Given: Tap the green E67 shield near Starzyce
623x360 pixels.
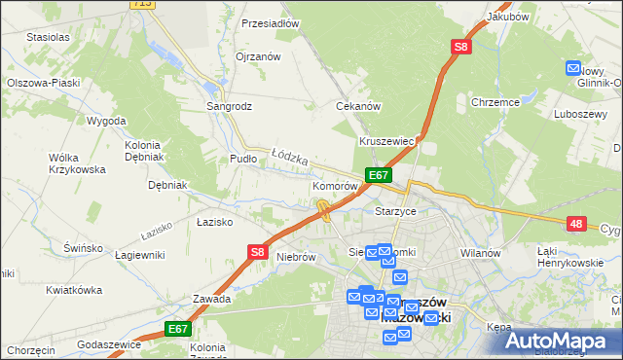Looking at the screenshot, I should [379, 175].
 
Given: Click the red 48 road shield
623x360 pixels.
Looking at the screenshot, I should [577, 225].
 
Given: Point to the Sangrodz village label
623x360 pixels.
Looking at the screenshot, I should [230, 105].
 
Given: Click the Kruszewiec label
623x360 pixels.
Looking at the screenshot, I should [387, 141].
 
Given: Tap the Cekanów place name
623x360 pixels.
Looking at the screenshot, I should [357, 105].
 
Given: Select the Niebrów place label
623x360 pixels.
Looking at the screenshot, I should [297, 257].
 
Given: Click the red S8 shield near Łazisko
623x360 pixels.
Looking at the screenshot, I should [256, 252].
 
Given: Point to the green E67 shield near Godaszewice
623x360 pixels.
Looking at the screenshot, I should [176, 330].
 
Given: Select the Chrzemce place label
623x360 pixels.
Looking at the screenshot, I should [495, 101].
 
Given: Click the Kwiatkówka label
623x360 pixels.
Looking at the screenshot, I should [74, 290].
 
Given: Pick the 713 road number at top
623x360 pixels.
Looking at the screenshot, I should [143, 4].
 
